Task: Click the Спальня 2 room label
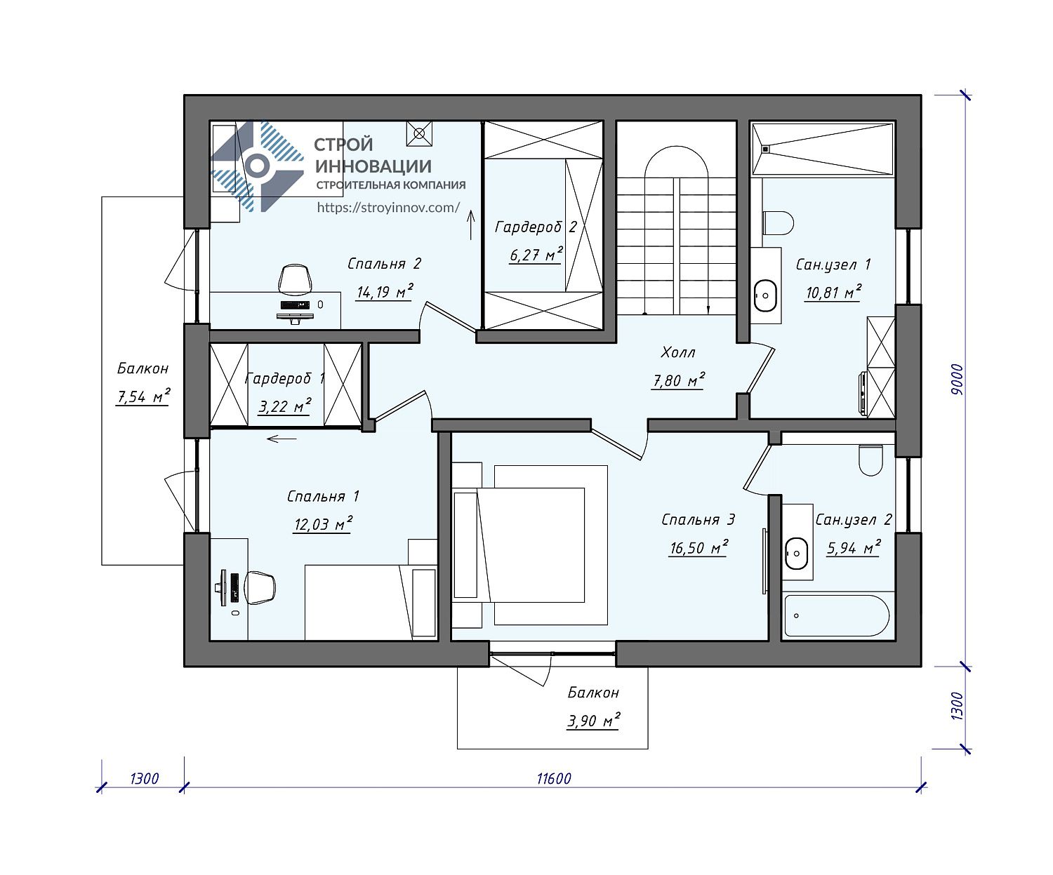click(x=384, y=264)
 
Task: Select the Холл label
click(x=678, y=352)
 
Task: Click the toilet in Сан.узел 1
click(x=778, y=222)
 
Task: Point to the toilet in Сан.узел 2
click(x=870, y=460)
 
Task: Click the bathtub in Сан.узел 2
click(x=836, y=616)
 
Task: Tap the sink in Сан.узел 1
click(x=766, y=296)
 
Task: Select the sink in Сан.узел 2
click(x=797, y=554)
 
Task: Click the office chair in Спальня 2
click(x=295, y=279)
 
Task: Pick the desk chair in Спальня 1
click(x=260, y=588)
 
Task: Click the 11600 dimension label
click(x=554, y=779)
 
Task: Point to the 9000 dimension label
click(x=957, y=379)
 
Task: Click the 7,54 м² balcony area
click(x=143, y=396)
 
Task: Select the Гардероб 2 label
click(x=536, y=227)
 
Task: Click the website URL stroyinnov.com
click(x=388, y=208)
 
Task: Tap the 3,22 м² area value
click(x=284, y=406)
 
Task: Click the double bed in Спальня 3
click(x=530, y=545)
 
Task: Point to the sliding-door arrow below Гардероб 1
click(x=282, y=439)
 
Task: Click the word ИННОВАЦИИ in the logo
click(x=373, y=166)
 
